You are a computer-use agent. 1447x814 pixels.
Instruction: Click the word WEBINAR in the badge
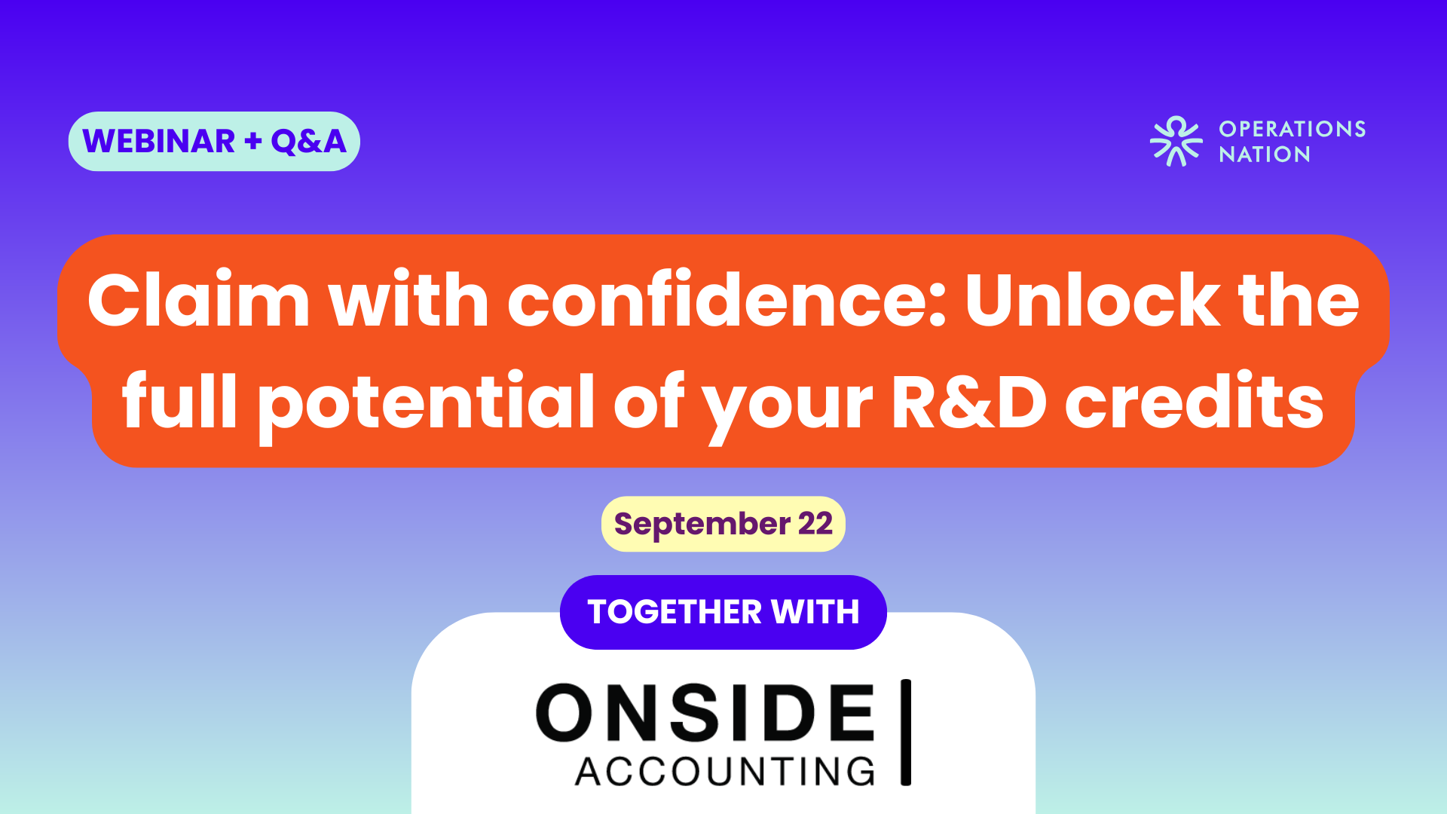click(x=159, y=142)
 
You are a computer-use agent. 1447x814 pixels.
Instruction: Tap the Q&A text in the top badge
click(x=308, y=142)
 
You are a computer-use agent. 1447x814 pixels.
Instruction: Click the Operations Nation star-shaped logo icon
click(x=1176, y=141)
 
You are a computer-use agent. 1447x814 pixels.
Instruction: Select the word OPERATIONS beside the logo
click(x=1293, y=129)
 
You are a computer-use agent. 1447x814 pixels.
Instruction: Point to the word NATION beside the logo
click(x=1265, y=155)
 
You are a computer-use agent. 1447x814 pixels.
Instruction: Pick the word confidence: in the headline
click(x=727, y=300)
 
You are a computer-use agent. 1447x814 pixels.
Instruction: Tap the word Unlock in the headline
click(x=1092, y=300)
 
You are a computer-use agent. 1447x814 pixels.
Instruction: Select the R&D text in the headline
click(x=969, y=402)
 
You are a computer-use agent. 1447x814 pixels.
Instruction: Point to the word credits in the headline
click(x=1195, y=401)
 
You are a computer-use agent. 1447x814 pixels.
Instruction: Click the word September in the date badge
click(x=702, y=525)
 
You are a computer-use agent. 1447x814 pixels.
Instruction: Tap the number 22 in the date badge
click(x=815, y=524)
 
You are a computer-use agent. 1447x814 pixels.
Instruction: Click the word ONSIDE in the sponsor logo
click(x=705, y=712)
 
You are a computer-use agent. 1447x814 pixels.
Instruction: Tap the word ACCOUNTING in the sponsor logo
click(x=725, y=772)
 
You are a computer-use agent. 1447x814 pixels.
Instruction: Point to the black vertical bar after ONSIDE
click(x=906, y=732)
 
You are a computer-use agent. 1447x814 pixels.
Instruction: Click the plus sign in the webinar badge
click(x=253, y=141)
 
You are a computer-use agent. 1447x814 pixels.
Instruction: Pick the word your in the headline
click(x=788, y=407)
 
